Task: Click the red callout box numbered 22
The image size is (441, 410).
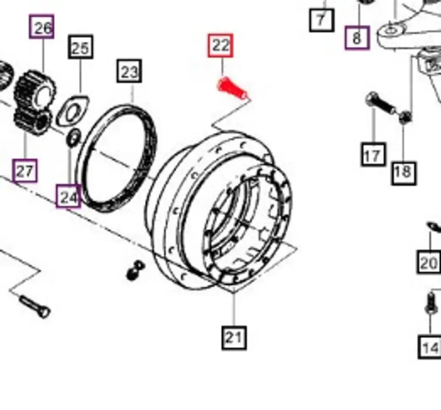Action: click(x=220, y=46)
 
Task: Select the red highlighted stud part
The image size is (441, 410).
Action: click(x=232, y=88)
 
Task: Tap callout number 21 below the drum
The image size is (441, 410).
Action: click(x=234, y=337)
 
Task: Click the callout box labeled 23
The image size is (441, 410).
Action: click(x=129, y=71)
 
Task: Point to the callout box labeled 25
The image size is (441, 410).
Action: click(x=81, y=47)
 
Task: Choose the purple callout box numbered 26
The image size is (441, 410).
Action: click(x=42, y=27)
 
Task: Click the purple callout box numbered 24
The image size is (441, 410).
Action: click(x=68, y=197)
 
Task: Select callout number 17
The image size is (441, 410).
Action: click(x=373, y=155)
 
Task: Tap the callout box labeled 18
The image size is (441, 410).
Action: click(x=403, y=172)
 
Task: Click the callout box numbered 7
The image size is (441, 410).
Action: click(x=321, y=19)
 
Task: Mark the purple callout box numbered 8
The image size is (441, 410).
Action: click(x=357, y=38)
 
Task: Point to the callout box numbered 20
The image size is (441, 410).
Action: click(x=429, y=262)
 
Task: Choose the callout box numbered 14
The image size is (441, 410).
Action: click(x=430, y=347)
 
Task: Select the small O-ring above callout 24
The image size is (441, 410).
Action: click(x=73, y=137)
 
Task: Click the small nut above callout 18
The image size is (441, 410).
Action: click(x=404, y=117)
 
